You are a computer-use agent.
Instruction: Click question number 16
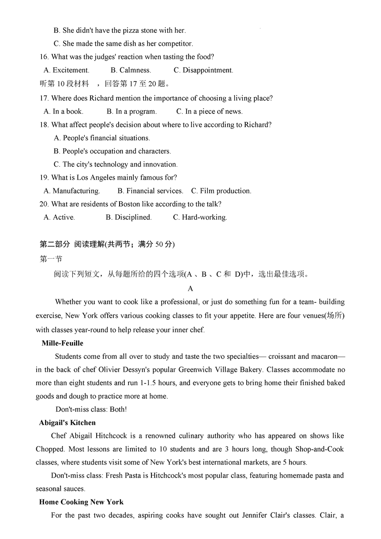(44, 57)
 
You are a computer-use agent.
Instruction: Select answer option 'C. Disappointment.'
(203, 71)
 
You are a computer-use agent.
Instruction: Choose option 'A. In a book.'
(63, 112)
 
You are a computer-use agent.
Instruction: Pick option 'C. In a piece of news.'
(209, 112)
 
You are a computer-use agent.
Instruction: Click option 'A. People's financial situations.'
(102, 138)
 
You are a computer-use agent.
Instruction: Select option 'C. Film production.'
(221, 191)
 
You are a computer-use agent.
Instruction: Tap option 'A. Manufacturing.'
(71, 191)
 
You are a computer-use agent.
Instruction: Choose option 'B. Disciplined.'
(129, 217)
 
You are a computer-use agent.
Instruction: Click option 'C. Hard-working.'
(200, 217)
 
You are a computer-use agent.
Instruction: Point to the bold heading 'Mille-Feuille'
(62, 343)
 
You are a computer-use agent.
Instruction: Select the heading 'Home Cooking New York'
(81, 502)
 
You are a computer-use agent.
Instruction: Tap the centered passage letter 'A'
(190, 289)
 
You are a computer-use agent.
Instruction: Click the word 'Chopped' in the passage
(50, 449)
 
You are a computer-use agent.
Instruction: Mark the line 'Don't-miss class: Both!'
(91, 409)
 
